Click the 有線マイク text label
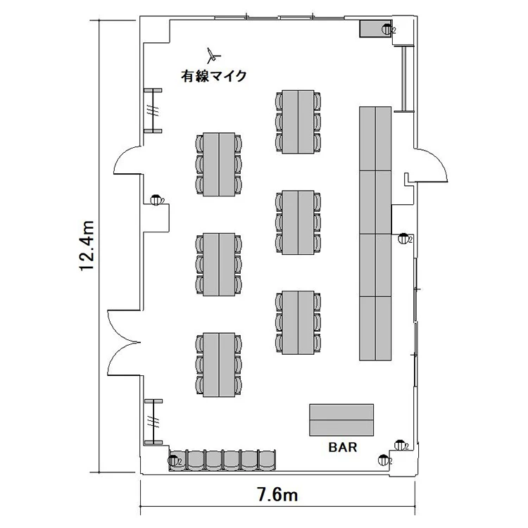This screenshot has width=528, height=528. pyautogui.click(x=214, y=76)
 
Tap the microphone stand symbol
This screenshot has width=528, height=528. pyautogui.click(x=213, y=56)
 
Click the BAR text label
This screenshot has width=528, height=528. pyautogui.click(x=343, y=447)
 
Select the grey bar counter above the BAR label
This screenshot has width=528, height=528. pyautogui.click(x=341, y=420)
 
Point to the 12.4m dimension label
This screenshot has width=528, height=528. pyautogui.click(x=86, y=246)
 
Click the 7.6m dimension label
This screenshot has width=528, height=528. pyautogui.click(x=277, y=495)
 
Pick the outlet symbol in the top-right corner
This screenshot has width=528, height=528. pyautogui.click(x=388, y=30)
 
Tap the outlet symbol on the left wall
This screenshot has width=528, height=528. pyautogui.click(x=156, y=200)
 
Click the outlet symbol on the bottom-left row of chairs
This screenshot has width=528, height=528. pyautogui.click(x=174, y=460)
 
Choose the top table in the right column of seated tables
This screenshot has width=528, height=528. pyautogui.click(x=298, y=122)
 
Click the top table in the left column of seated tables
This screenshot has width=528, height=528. pyautogui.click(x=219, y=164)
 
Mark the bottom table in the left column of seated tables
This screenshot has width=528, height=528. pyautogui.click(x=219, y=365)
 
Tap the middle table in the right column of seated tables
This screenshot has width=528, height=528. pyautogui.click(x=298, y=222)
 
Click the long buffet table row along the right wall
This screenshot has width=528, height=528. pyautogui.click(x=375, y=233)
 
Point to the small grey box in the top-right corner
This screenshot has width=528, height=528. pyautogui.click(x=372, y=29)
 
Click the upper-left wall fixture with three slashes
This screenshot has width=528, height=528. pyautogui.click(x=153, y=111)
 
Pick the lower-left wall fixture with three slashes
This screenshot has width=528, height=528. pyautogui.click(x=153, y=422)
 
